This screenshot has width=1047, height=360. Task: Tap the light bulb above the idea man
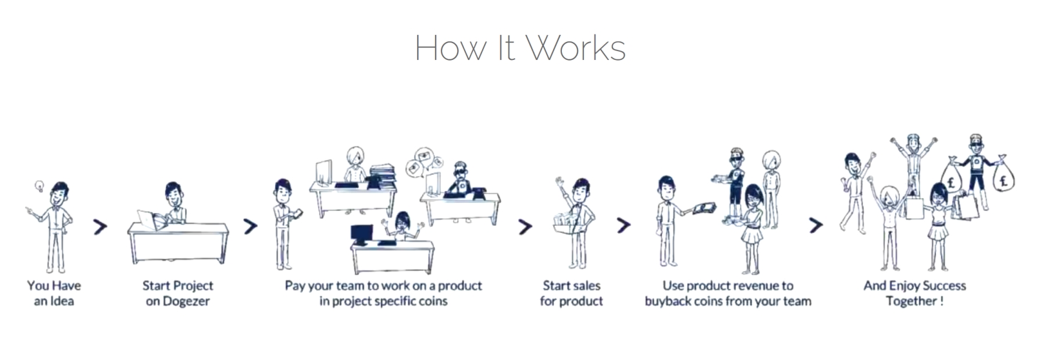pos(40,187)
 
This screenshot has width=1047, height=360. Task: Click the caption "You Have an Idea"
pos(54,293)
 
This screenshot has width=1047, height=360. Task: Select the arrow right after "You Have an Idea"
pos(100,226)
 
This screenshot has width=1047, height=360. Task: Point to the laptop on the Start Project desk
pos(152,220)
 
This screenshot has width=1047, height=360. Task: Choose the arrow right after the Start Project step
pos(250,226)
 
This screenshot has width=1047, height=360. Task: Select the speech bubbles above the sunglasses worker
pos(425,162)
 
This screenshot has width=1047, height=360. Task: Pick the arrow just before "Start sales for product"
pos(525,226)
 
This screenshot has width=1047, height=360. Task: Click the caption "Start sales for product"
pos(571,293)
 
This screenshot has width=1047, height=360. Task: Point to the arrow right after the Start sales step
pos(624,225)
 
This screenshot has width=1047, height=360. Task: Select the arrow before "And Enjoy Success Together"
pos(816,225)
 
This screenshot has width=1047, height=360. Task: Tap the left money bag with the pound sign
pos(952,176)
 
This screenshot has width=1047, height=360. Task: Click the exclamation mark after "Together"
pos(941,301)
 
